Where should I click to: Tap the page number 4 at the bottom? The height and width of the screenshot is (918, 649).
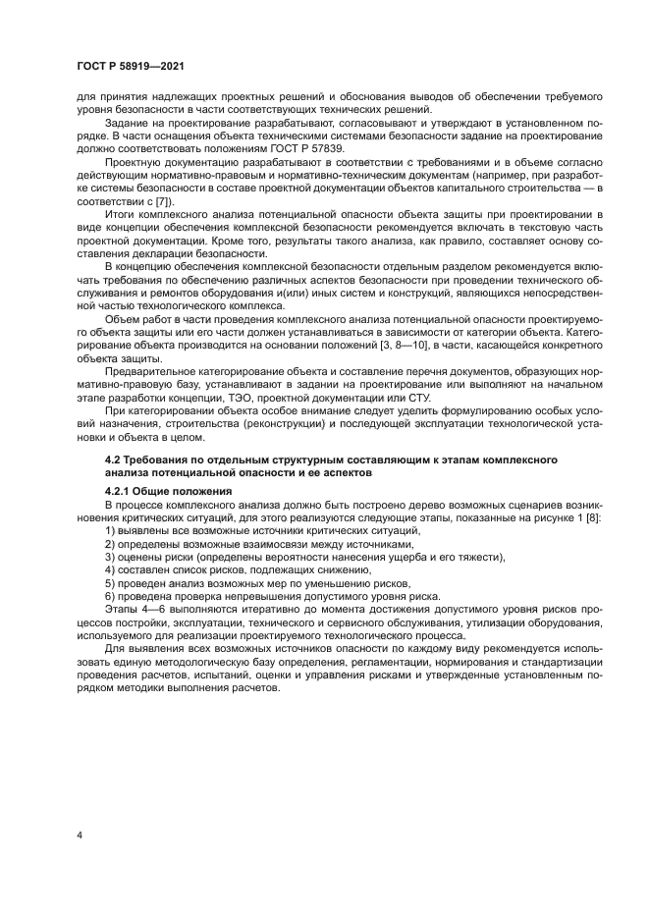[x=80, y=836]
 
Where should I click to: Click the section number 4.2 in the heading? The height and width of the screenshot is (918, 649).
[x=114, y=459]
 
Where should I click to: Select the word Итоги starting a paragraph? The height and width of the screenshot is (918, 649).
[x=121, y=213]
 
